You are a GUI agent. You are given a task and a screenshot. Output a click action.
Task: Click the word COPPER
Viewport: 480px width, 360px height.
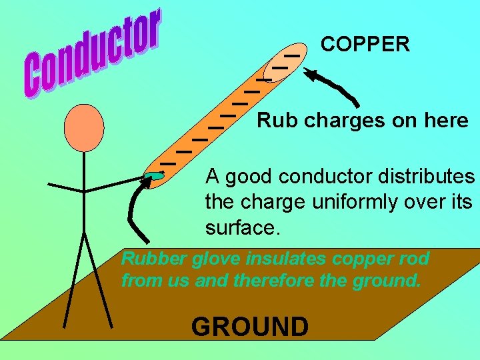pyautogui.click(x=365, y=45)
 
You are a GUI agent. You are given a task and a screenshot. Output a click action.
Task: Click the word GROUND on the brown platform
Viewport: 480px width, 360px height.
pyautogui.click(x=250, y=327)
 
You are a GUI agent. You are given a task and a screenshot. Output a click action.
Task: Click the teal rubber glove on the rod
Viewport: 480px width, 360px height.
pyautogui.click(x=154, y=175)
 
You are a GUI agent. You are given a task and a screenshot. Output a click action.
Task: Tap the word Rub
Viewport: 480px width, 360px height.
pyautogui.click(x=272, y=121)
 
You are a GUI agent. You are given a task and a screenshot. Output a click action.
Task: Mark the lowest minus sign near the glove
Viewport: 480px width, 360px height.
pyautogui.click(x=167, y=163)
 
